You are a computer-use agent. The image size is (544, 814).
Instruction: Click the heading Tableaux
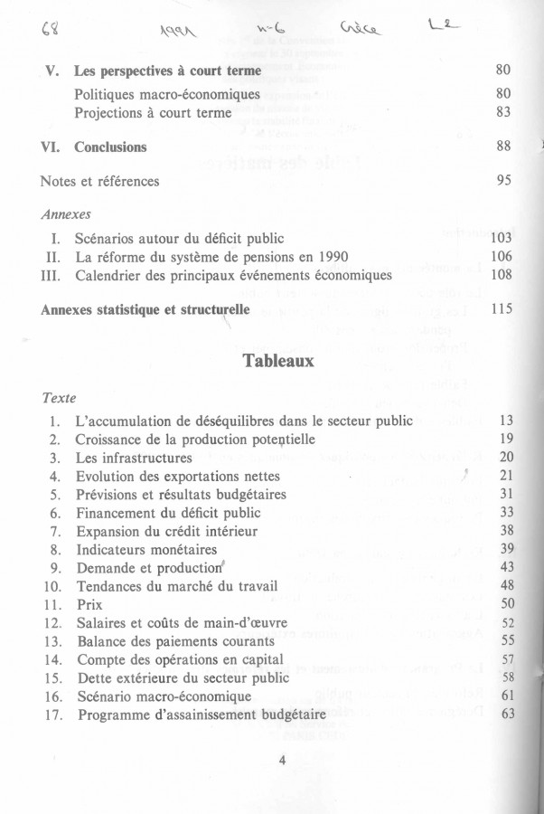point(277,360)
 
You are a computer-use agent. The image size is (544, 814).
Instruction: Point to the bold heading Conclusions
point(110,147)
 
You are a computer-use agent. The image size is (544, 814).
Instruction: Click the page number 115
point(501,309)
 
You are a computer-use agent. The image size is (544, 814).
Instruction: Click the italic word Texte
point(60,398)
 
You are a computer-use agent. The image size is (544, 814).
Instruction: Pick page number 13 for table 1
point(505,421)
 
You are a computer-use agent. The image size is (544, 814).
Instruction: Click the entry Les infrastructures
point(134,458)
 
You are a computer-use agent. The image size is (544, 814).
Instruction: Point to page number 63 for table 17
point(506,715)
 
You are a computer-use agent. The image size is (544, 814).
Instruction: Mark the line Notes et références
point(99,182)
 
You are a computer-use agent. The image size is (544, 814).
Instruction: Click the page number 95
point(504,181)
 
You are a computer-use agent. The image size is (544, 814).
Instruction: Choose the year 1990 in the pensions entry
point(331,257)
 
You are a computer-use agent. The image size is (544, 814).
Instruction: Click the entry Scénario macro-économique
point(164,696)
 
